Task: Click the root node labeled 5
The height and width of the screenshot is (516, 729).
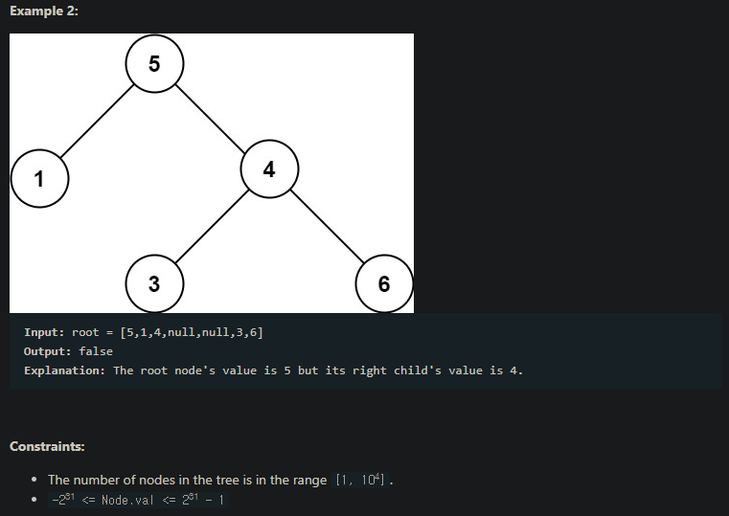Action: pyautogui.click(x=154, y=64)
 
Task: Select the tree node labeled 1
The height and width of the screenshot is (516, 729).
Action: pyautogui.click(x=39, y=178)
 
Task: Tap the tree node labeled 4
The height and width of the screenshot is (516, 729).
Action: pyautogui.click(x=269, y=169)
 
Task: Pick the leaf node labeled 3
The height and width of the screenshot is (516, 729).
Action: pyautogui.click(x=154, y=283)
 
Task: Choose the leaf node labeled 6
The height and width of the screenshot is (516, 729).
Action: pyautogui.click(x=384, y=283)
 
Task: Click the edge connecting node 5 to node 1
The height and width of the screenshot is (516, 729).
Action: pyautogui.click(x=97, y=122)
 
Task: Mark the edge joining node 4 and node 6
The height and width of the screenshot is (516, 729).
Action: pyautogui.click(x=327, y=227)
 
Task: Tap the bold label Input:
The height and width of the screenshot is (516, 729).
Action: pyautogui.click(x=44, y=332)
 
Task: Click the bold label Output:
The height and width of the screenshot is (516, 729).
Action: pyautogui.click(x=48, y=351)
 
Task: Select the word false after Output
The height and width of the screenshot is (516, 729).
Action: pyautogui.click(x=96, y=351)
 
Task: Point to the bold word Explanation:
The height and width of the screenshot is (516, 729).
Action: pyautogui.click(x=64, y=370)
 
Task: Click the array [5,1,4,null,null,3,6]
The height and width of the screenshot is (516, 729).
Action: pyautogui.click(x=192, y=332)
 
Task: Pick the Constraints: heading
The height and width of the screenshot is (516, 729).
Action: pyautogui.click(x=46, y=446)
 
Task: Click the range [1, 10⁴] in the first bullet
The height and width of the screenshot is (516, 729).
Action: pyautogui.click(x=360, y=480)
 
